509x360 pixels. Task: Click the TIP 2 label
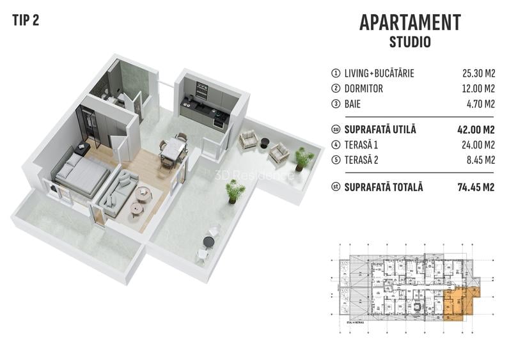coord(26,20)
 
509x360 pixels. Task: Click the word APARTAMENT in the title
coord(410,22)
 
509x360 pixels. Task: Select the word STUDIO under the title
coord(410,43)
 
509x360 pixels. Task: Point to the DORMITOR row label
coord(363,89)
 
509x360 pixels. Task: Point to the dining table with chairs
coord(173,151)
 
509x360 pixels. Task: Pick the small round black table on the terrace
coord(208,241)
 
